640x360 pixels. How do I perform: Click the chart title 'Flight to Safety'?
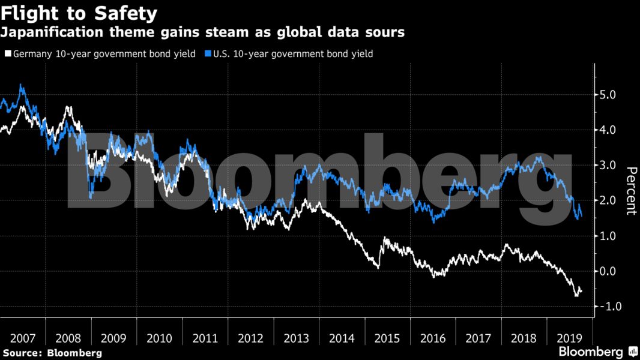80,12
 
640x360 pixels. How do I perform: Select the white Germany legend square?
7,54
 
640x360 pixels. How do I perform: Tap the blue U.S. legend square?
208,54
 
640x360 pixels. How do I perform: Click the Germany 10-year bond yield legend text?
104,54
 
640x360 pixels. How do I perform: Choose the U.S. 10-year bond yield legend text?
293,54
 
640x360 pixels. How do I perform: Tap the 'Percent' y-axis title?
631,191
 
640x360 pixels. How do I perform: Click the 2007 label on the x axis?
22,337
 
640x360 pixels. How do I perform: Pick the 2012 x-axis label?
251,337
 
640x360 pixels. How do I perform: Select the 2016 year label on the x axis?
433,337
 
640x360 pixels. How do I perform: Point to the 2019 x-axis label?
570,337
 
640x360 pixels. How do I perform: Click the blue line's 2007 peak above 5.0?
22,85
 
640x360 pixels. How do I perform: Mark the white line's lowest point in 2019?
576,295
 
